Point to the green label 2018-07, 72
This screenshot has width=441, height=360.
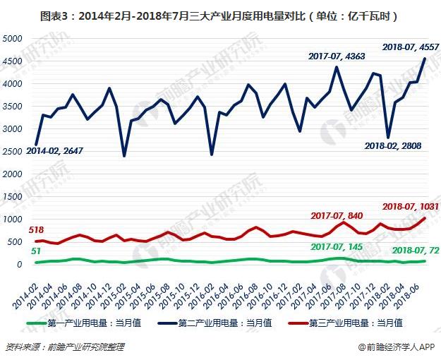(416, 249)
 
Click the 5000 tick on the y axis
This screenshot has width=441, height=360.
(14, 38)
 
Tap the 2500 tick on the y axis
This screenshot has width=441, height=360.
(14, 151)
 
